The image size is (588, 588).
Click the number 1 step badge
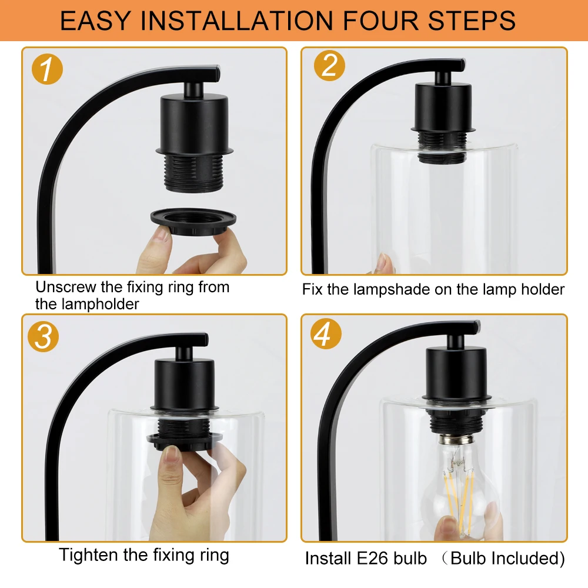pyautogui.click(x=47, y=69)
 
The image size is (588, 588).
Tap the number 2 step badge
pyautogui.click(x=329, y=65)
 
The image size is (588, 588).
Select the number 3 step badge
pyautogui.click(x=43, y=336)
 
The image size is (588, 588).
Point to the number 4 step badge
pyautogui.click(x=326, y=333)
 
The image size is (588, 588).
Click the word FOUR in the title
pyautogui.click(x=380, y=21)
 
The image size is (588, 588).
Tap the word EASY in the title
pyautogui.click(x=95, y=21)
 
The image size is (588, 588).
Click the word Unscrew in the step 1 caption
pyautogui.click(x=66, y=288)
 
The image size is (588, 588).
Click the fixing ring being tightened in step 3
pyautogui.click(x=184, y=441)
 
